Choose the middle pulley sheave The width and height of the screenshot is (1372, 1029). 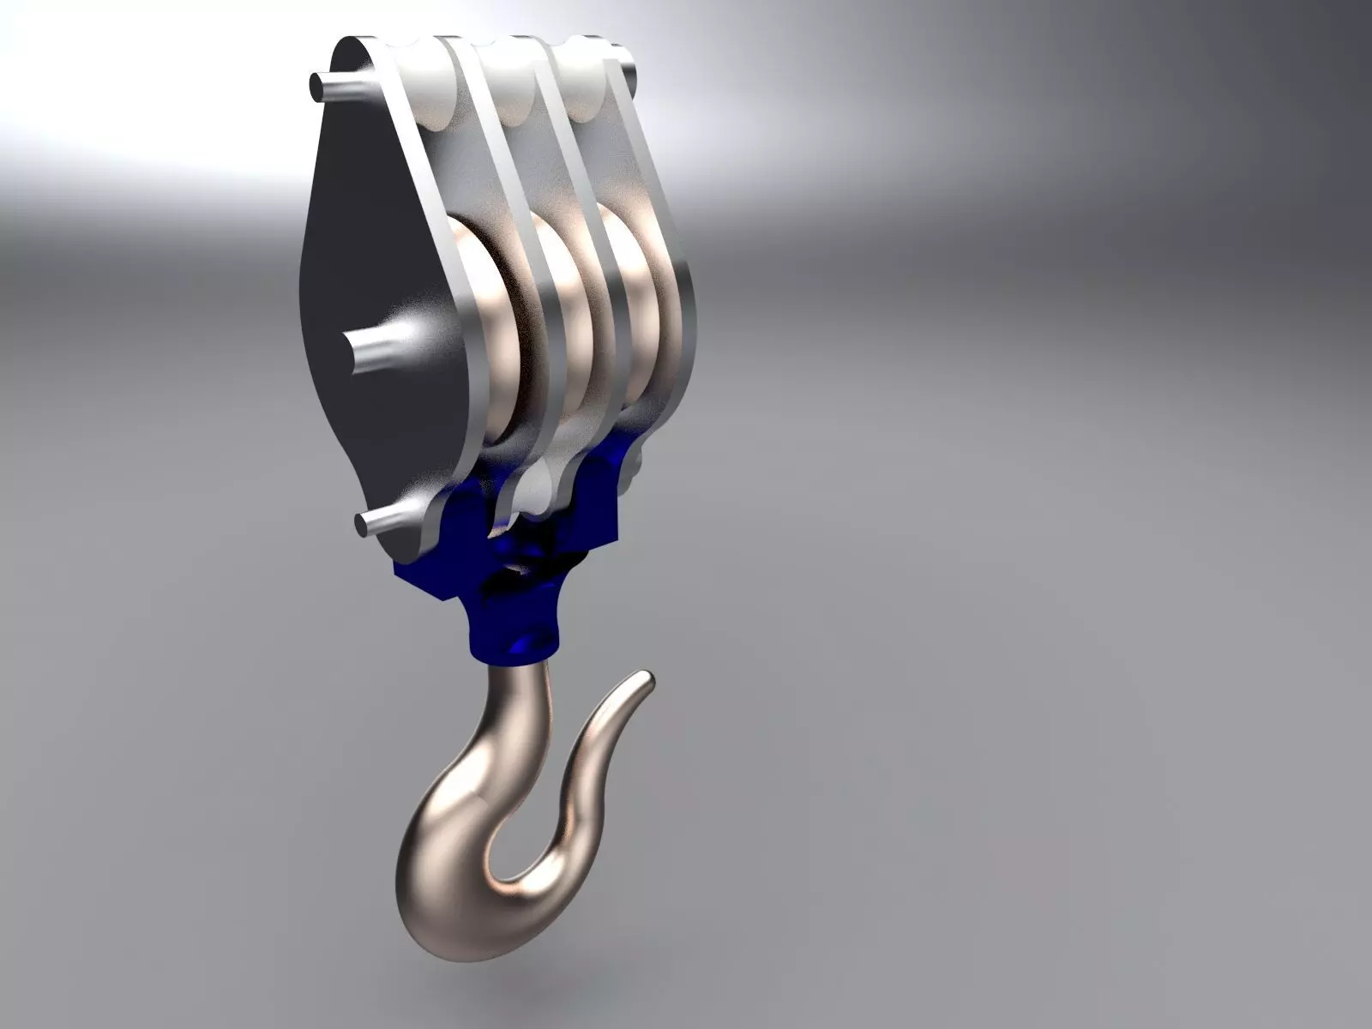pyautogui.click(x=562, y=326)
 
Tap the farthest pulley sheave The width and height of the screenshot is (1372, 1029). pyautogui.click(x=630, y=317)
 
